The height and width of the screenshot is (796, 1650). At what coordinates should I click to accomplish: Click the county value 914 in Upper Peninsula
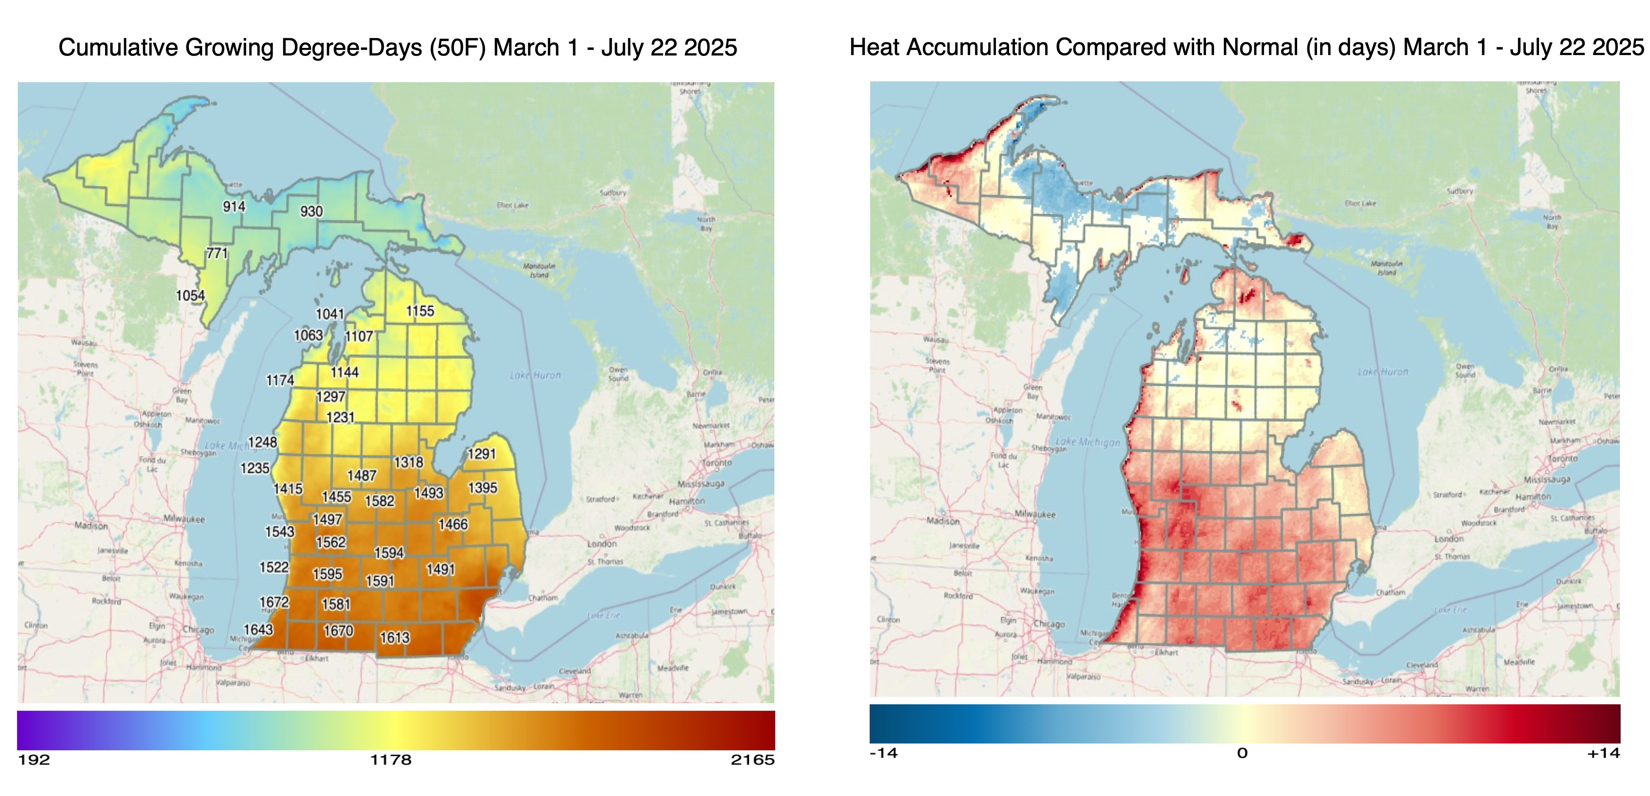pos(234,206)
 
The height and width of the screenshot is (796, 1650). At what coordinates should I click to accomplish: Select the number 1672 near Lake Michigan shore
pos(274,602)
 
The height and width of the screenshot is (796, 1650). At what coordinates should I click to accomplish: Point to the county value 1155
pos(420,311)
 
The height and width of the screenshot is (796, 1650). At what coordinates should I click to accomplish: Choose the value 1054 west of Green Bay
pos(190,295)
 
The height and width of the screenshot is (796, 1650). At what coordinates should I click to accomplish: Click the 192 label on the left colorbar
pos(34,760)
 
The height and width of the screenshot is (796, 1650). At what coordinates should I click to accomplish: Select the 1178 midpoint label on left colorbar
pos(391,760)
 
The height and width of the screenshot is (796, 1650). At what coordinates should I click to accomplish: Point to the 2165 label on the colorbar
pos(753,760)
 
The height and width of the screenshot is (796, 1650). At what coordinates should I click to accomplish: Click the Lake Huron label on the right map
pos(1383,372)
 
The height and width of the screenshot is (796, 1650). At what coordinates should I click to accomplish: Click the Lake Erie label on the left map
pos(603,616)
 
